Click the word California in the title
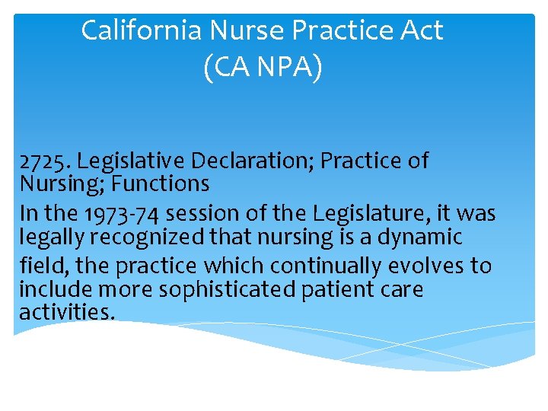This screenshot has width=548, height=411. pos(141,30)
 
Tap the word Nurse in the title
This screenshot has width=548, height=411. pos(244,30)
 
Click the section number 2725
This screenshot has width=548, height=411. pos(44,161)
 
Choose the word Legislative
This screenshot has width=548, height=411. pos(132,161)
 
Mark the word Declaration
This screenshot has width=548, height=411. pos(253,161)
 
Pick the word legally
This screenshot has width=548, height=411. pos(52,237)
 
